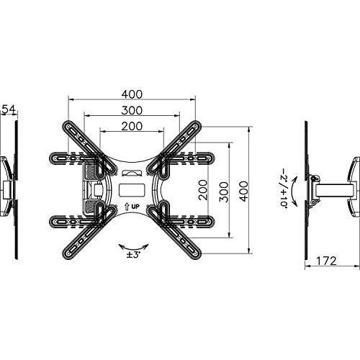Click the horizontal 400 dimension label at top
point(132,94)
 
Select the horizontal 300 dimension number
point(132,110)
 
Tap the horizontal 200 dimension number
point(132,127)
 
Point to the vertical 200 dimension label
point(203,190)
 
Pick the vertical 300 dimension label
point(224,192)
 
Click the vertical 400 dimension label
point(243,192)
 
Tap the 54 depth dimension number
point(9,109)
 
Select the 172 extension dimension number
point(326,261)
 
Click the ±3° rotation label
point(133,255)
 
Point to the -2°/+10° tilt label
point(284,189)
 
